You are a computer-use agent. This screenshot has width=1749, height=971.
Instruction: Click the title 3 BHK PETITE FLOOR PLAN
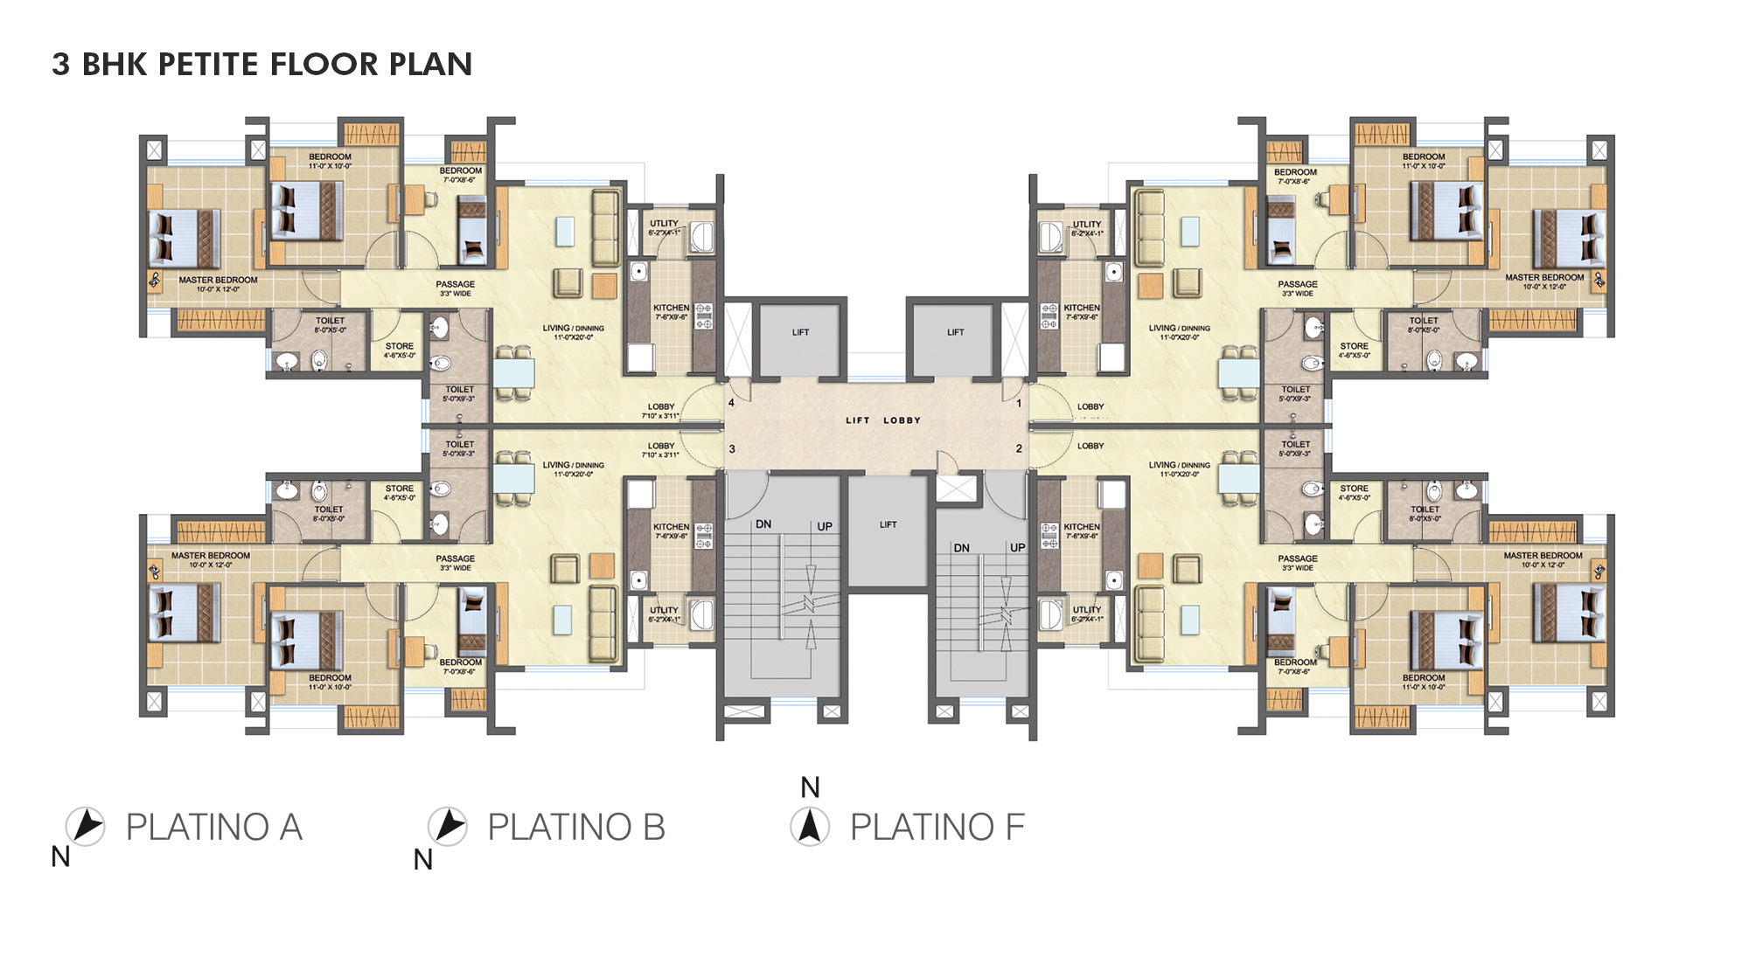coord(261,65)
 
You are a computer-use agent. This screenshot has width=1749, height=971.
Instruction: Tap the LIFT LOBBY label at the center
coord(882,420)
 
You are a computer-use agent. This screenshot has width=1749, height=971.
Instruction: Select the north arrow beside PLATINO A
coord(86,826)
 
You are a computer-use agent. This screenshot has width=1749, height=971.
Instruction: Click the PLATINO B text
coord(575,828)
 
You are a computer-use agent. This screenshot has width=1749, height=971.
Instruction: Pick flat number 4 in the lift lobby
coord(732,403)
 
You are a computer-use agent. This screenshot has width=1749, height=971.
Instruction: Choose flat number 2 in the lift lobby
coord(1019,448)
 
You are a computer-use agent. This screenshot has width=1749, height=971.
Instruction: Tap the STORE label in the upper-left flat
coord(400,347)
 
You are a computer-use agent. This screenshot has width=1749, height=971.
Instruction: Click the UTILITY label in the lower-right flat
coord(1087,610)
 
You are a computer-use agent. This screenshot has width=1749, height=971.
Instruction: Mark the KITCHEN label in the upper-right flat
coord(1082,308)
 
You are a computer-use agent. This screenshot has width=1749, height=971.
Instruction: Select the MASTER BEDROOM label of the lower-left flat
coord(211,556)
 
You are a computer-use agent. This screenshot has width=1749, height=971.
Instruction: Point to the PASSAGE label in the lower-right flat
coord(1297,559)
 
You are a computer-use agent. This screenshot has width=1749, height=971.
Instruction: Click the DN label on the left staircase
coord(763,524)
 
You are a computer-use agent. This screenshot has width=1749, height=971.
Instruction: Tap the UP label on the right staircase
coord(1017,548)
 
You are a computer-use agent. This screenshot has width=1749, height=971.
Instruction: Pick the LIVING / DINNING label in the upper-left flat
coord(573,329)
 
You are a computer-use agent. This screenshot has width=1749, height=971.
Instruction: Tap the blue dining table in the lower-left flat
coord(513,479)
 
